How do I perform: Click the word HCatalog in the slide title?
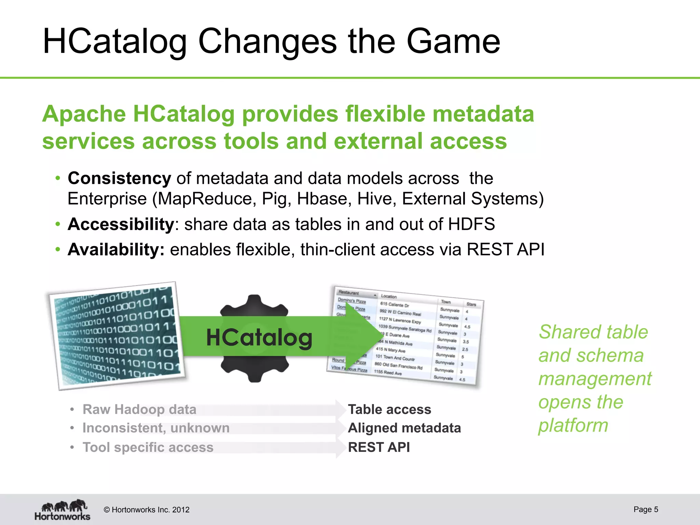click(115, 42)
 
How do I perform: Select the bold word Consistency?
click(119, 178)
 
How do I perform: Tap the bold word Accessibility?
click(121, 225)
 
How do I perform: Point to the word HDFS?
click(471, 225)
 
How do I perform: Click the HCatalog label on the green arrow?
click(259, 338)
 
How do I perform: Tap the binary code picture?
click(116, 335)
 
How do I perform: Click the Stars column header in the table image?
click(471, 304)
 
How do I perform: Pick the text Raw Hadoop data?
click(139, 409)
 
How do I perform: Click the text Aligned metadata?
click(404, 428)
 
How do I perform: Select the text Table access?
click(389, 409)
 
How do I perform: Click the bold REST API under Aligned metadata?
click(379, 447)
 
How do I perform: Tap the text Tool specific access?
click(148, 447)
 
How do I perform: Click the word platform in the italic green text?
click(573, 426)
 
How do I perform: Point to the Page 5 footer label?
click(645, 509)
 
